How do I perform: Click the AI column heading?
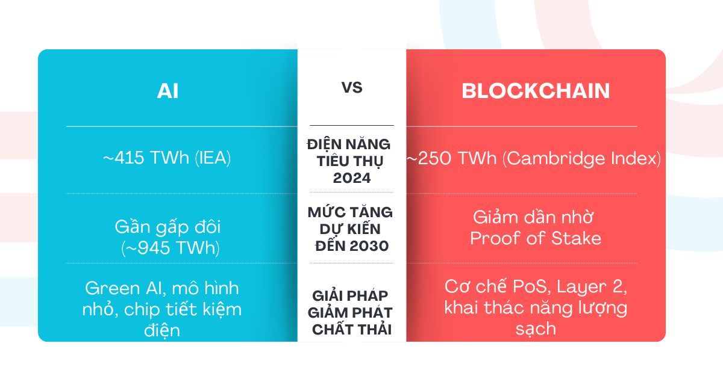click(167, 91)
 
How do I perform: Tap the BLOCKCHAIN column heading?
click(536, 91)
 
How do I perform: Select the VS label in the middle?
click(352, 88)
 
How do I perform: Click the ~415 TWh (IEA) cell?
click(167, 158)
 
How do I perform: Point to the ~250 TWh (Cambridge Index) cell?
click(534, 159)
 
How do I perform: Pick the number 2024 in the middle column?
click(352, 178)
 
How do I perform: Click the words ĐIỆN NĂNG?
click(349, 144)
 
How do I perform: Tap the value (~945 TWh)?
click(171, 248)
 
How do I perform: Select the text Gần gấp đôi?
click(167, 227)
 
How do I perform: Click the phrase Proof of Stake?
click(536, 238)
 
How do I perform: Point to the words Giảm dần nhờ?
click(533, 217)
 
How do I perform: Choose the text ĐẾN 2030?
click(352, 246)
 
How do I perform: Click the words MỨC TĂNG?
click(350, 212)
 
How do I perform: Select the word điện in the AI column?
click(162, 330)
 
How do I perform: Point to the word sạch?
click(536, 329)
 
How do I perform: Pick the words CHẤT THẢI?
click(352, 330)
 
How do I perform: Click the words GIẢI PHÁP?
click(350, 295)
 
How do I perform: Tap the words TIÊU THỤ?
click(350, 161)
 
